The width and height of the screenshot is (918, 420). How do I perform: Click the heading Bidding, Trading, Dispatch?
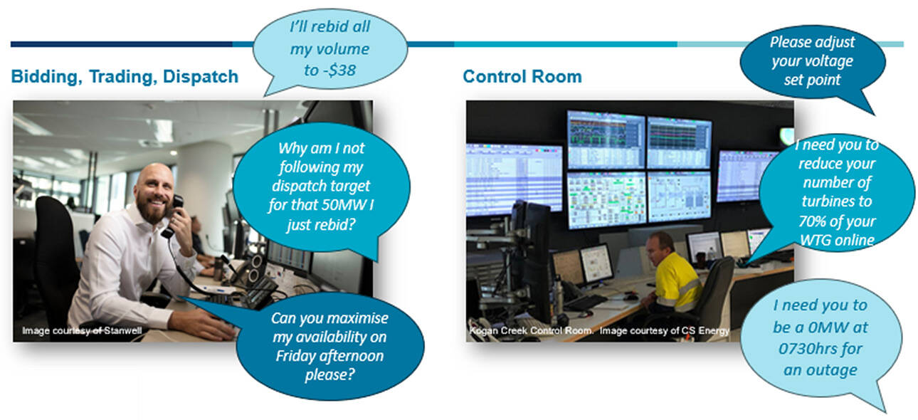(125, 77)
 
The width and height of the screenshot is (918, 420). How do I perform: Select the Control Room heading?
(522, 77)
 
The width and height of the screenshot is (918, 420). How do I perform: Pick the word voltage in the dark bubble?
(833, 61)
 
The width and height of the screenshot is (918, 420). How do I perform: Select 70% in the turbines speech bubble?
(812, 221)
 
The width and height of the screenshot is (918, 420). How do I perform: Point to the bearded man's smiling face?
(155, 196)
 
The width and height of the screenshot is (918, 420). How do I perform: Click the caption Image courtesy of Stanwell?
(82, 330)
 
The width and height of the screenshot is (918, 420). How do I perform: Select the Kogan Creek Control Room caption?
(531, 330)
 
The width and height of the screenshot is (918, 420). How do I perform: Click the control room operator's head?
(659, 246)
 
